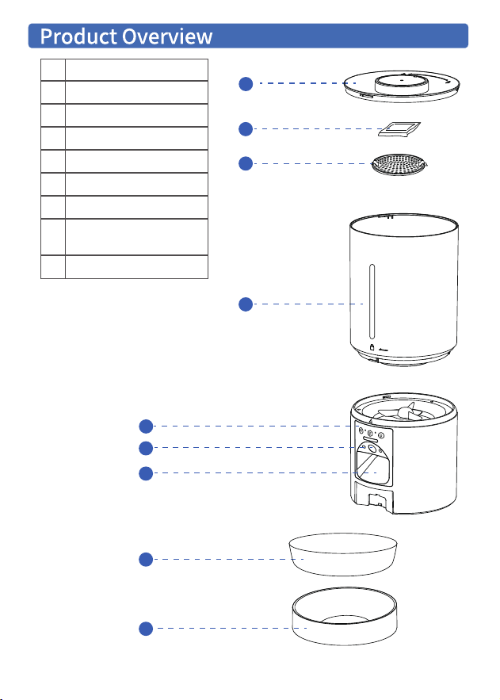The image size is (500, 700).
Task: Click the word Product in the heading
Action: (x=78, y=36)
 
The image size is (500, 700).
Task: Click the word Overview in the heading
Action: (x=167, y=36)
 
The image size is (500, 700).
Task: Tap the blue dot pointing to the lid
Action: (x=246, y=83)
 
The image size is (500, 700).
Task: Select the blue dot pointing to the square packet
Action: (x=246, y=129)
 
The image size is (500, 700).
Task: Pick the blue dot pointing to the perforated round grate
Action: (x=246, y=163)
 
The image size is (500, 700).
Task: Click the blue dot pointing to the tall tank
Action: (x=246, y=304)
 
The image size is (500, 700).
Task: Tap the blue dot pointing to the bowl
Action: (x=146, y=560)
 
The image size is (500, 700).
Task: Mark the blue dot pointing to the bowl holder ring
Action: (x=146, y=629)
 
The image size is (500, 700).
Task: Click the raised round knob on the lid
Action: (x=402, y=84)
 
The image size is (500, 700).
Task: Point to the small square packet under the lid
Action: (x=399, y=129)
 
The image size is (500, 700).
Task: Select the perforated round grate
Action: (x=399, y=164)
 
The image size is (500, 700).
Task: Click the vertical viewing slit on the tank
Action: (x=372, y=302)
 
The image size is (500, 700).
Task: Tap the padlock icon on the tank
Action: (x=372, y=347)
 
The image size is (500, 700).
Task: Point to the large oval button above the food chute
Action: (x=370, y=440)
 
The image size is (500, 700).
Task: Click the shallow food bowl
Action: (x=343, y=554)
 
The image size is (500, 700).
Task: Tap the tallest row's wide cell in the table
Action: (x=136, y=237)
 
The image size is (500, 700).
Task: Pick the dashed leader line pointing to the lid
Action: (x=307, y=83)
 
